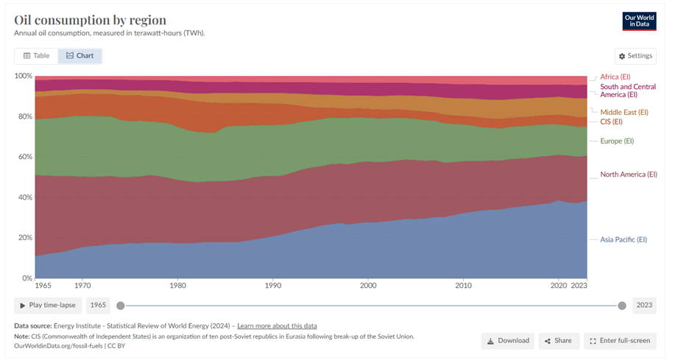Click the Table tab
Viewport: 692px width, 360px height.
pyautogui.click(x=36, y=56)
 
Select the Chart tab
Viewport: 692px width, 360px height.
pyautogui.click(x=80, y=56)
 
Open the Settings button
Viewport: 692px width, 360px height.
pyautogui.click(x=635, y=56)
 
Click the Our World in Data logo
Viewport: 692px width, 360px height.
pyautogui.click(x=638, y=21)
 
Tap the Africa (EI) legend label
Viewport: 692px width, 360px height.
pyautogui.click(x=615, y=77)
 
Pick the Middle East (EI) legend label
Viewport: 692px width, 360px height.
pyautogui.click(x=624, y=112)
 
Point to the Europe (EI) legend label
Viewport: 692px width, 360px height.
pyautogui.click(x=617, y=141)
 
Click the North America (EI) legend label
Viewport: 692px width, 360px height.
pyautogui.click(x=628, y=174)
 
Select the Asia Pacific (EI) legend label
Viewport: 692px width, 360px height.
pyautogui.click(x=624, y=239)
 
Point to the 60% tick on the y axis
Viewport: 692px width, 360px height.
pyautogui.click(x=24, y=157)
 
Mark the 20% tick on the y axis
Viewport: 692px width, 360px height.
pyautogui.click(x=24, y=238)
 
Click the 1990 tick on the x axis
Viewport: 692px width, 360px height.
pyautogui.click(x=272, y=285)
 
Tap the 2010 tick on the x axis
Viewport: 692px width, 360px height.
pyautogui.click(x=463, y=285)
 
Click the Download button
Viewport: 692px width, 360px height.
pyautogui.click(x=508, y=341)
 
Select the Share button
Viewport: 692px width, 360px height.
pyautogui.click(x=558, y=341)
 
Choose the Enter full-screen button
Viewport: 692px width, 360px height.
pyautogui.click(x=619, y=341)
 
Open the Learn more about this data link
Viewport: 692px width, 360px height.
pyautogui.click(x=277, y=325)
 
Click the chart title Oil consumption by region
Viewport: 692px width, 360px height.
pyautogui.click(x=90, y=20)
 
